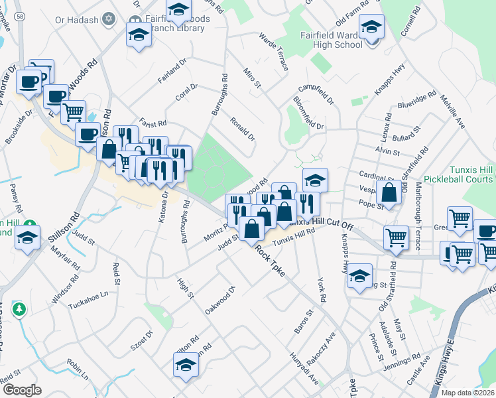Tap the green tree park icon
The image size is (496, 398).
[x=20, y=309]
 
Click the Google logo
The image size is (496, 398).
[x=22, y=390]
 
